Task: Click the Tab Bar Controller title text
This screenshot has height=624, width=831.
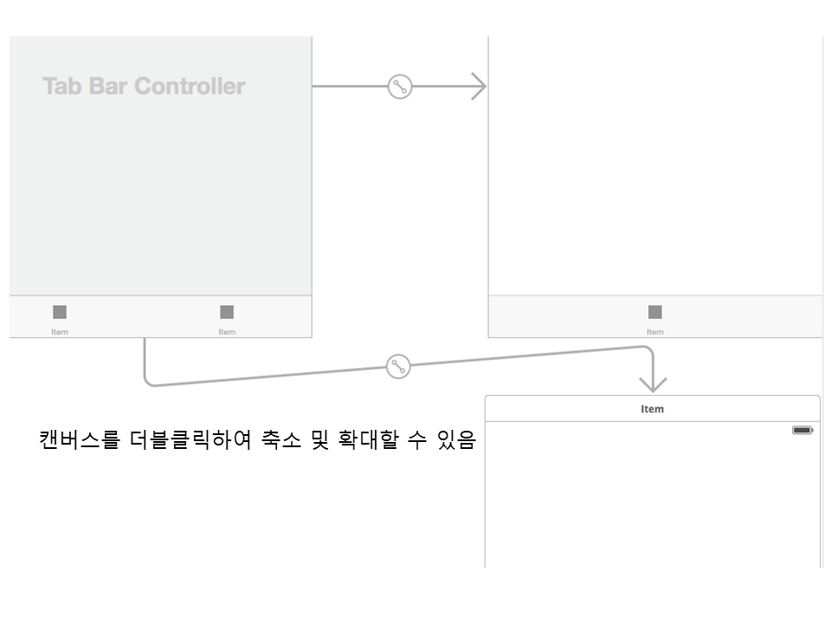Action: coord(144,87)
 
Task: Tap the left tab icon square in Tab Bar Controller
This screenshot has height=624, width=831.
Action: coord(60,312)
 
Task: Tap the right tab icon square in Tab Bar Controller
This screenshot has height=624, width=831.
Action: coord(227,312)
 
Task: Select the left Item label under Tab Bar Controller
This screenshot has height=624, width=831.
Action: coord(60,332)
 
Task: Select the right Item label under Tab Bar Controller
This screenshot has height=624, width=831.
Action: coord(227,332)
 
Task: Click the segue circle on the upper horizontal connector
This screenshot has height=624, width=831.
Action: coord(399,87)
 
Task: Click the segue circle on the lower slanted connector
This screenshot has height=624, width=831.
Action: coord(397,367)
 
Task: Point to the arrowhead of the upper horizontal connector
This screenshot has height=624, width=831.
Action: coord(480,87)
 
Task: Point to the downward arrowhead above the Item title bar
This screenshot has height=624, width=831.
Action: coord(653,384)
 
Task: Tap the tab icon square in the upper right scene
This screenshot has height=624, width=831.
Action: coord(655,312)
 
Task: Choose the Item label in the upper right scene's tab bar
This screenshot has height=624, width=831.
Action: coord(655,332)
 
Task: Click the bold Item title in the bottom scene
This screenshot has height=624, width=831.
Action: coord(653,409)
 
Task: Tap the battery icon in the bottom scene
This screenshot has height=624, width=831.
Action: coord(802,430)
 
